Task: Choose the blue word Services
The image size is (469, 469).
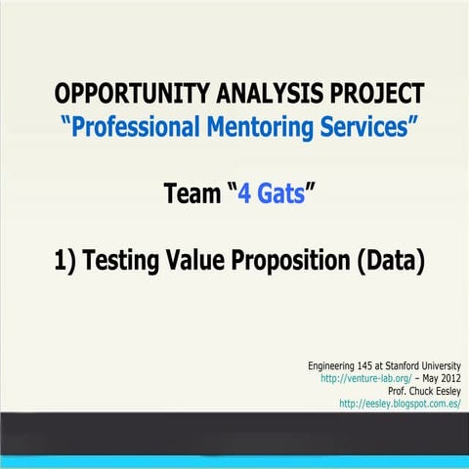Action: tap(372, 126)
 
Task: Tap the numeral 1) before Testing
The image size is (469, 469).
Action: tap(65, 262)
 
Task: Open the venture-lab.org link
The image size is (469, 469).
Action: tap(358, 378)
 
